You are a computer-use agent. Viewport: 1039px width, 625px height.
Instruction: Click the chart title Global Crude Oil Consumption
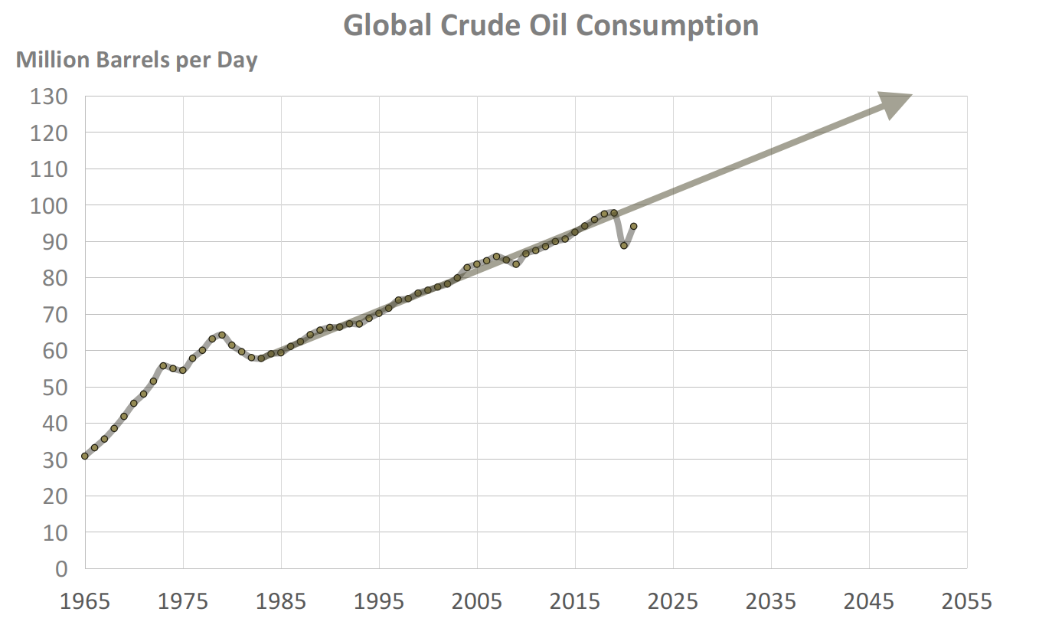pyautogui.click(x=551, y=25)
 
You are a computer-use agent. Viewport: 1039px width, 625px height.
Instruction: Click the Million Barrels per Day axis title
pyautogui.click(x=137, y=60)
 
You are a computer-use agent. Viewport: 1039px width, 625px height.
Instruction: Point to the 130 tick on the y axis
pyautogui.click(x=50, y=97)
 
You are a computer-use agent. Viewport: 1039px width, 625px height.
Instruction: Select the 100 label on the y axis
pyautogui.click(x=50, y=205)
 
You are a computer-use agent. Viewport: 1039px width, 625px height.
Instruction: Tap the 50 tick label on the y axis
pyautogui.click(x=54, y=387)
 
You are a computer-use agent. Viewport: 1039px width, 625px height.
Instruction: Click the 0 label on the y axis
pyautogui.click(x=60, y=568)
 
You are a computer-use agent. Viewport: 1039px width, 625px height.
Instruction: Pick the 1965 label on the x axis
pyautogui.click(x=85, y=601)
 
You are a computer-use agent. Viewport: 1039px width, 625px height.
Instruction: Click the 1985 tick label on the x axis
pyautogui.click(x=281, y=601)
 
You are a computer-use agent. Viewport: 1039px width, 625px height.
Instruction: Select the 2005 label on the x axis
pyautogui.click(x=477, y=601)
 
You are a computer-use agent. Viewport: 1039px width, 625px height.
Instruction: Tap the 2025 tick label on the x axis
pyautogui.click(x=673, y=601)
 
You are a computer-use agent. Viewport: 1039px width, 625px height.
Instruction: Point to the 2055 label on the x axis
pyautogui.click(x=967, y=601)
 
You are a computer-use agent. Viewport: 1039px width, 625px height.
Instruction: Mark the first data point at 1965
pyautogui.click(x=85, y=456)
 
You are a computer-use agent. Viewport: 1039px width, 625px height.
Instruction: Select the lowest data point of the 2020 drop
pyautogui.click(x=624, y=245)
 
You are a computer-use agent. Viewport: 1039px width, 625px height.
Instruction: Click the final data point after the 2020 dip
pyautogui.click(x=634, y=226)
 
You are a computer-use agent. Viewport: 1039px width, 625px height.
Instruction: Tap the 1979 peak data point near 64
pyautogui.click(x=222, y=335)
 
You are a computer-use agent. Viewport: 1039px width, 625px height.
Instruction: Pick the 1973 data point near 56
pyautogui.click(x=163, y=365)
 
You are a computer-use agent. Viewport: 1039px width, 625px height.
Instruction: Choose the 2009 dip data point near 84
pyautogui.click(x=516, y=263)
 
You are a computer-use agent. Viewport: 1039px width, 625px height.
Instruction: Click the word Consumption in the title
pyautogui.click(x=667, y=25)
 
